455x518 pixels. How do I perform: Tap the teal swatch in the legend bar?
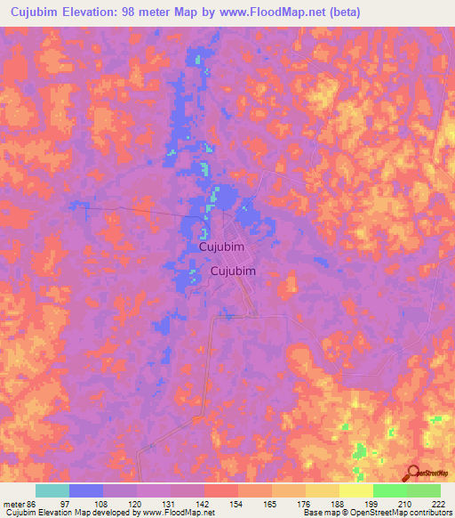click(52, 490)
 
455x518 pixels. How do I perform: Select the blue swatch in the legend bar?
click(85, 490)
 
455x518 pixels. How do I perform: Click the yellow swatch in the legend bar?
click(355, 490)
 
